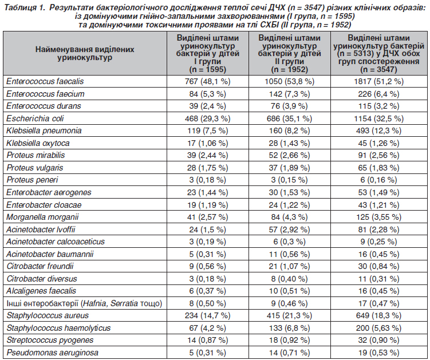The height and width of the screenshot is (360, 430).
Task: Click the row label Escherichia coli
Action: [35, 118]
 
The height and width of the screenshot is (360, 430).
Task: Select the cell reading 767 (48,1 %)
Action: [208, 81]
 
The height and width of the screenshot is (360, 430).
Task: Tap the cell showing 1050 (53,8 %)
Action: [289, 81]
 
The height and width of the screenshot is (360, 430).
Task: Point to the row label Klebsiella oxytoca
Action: [38, 143]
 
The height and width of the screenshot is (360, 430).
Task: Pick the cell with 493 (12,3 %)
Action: [378, 131]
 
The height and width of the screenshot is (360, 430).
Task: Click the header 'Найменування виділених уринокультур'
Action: [85, 53]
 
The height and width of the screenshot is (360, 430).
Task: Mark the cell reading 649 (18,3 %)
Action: [378, 315]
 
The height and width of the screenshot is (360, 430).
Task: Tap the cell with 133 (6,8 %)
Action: [289, 328]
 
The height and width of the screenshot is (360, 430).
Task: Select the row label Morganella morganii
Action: [42, 217]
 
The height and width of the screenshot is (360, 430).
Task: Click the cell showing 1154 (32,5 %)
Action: [378, 118]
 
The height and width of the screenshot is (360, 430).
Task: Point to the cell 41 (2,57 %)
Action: [208, 217]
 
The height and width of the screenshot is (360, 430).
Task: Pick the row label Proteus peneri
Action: [33, 180]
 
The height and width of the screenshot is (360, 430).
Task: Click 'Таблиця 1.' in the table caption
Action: [24, 7]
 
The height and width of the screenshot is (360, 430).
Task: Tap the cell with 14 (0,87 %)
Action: [208, 341]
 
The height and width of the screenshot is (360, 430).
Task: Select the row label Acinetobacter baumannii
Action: [50, 254]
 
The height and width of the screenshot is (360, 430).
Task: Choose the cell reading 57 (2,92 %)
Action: [289, 230]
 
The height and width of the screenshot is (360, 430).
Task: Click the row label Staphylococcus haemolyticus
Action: [58, 328]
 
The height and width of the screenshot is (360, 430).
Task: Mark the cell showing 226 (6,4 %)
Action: [378, 94]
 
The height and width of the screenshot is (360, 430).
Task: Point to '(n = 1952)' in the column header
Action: [289, 70]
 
